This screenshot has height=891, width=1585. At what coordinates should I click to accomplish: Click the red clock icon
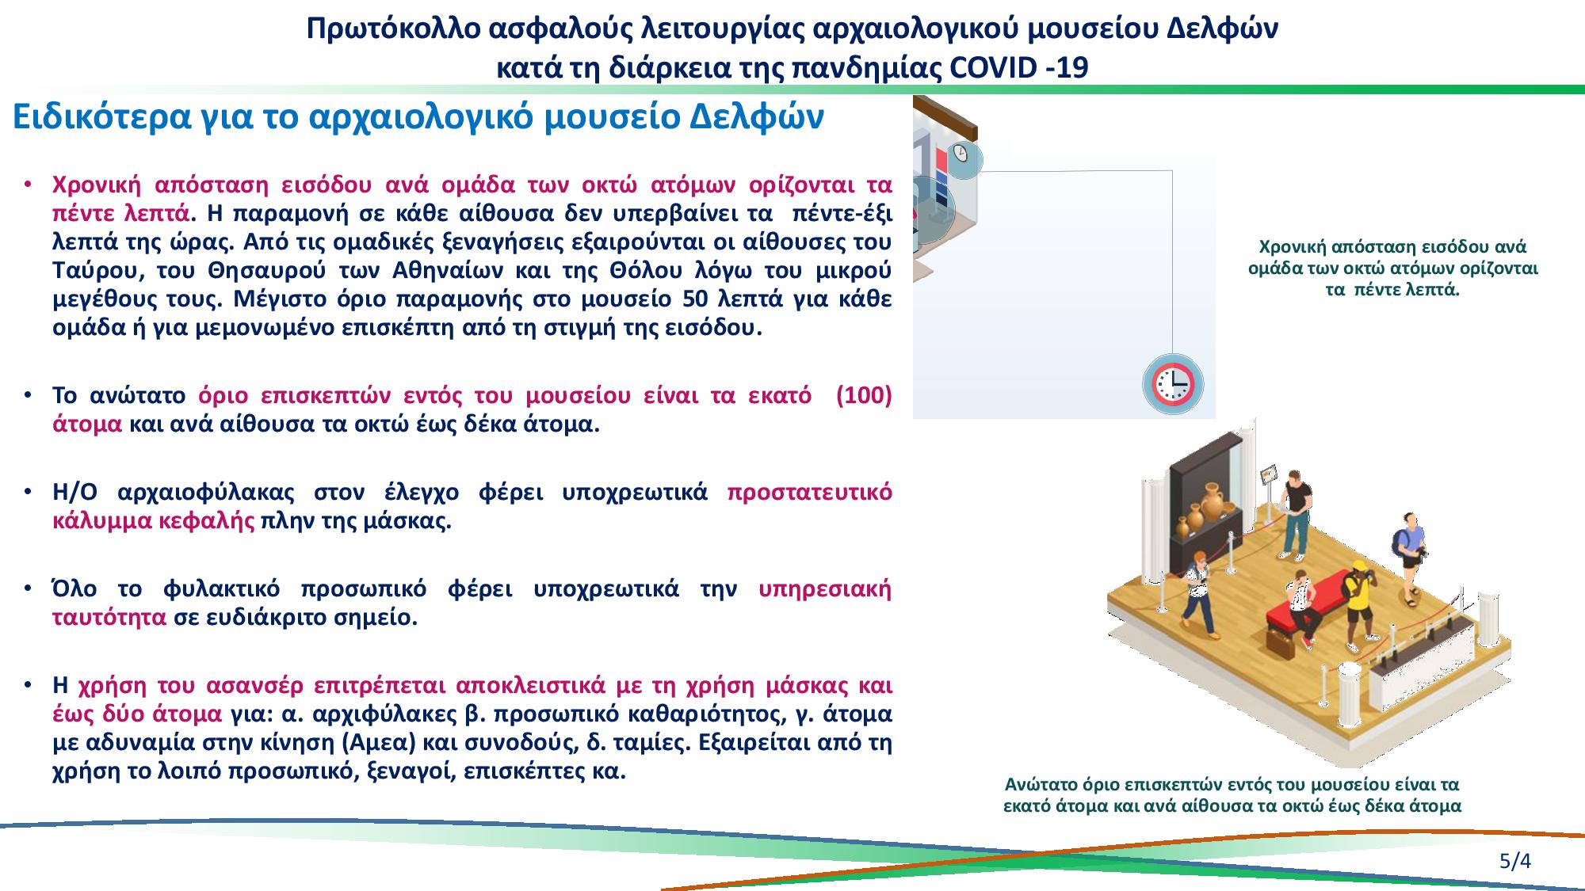[1173, 384]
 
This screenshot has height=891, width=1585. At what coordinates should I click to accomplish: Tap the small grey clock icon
[961, 153]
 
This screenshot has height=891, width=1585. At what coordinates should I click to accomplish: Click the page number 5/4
[1514, 860]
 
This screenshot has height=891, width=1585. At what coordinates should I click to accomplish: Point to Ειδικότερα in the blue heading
[93, 117]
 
